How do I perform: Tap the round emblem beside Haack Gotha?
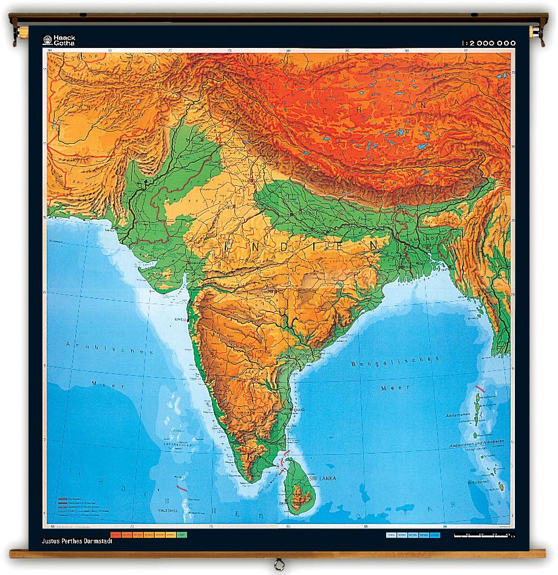[47, 40]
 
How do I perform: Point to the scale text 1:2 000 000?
[488, 43]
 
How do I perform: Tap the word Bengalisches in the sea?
[395, 362]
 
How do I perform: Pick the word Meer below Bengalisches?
[387, 387]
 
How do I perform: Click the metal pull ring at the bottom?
[278, 563]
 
